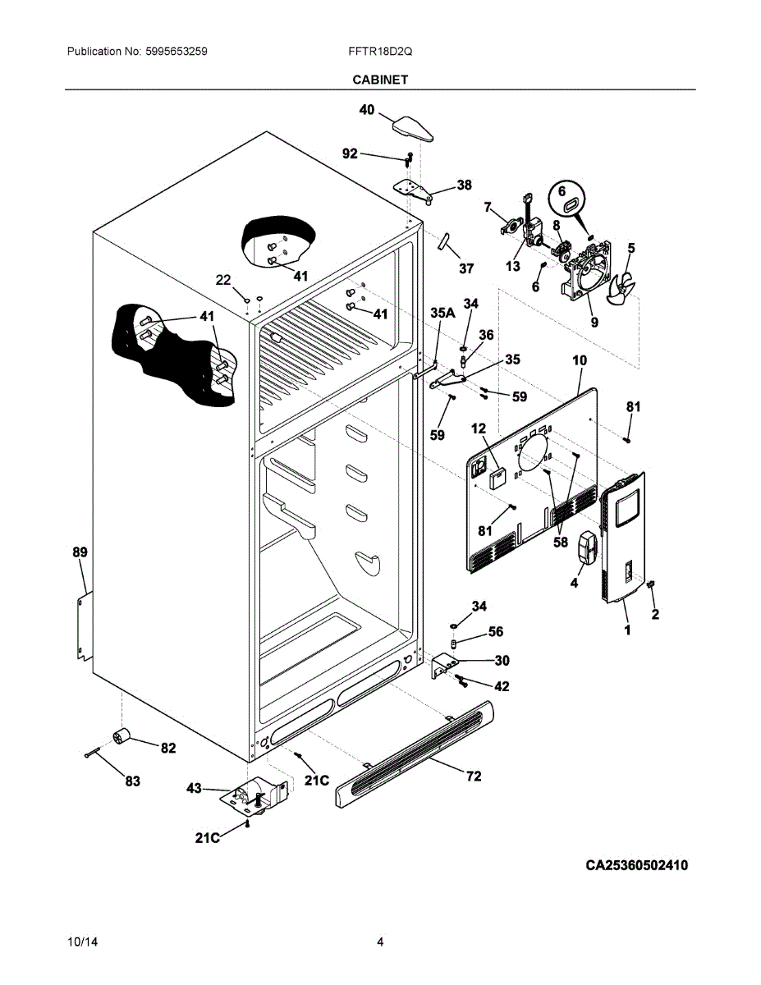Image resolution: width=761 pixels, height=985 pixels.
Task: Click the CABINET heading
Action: tap(380, 80)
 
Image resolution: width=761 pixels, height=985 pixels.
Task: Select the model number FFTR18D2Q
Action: tap(380, 52)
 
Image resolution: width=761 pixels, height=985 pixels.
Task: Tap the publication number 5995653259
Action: tap(176, 52)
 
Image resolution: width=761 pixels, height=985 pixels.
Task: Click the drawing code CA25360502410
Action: tap(637, 865)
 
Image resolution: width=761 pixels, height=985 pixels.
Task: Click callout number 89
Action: tap(80, 552)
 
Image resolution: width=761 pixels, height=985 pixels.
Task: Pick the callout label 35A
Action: tap(442, 313)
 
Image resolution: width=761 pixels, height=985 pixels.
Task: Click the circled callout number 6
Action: tap(562, 191)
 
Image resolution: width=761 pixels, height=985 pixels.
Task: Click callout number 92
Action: tap(350, 154)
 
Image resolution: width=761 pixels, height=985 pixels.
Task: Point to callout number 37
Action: tap(466, 268)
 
